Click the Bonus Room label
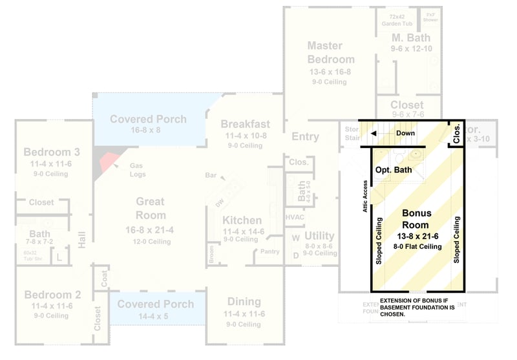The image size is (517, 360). [417, 219]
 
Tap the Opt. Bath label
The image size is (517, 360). [394, 170]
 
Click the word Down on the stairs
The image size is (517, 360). [406, 133]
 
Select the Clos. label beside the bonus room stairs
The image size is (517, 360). [457, 133]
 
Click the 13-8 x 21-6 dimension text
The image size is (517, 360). [417, 237]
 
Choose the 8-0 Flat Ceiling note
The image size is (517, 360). [417, 246]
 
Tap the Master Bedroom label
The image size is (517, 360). [330, 52]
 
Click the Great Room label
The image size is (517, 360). [151, 208]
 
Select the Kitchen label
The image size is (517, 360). [242, 220]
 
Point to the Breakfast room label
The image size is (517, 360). [245, 124]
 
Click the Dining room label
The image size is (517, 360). [244, 301]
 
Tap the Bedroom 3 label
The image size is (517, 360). [52, 153]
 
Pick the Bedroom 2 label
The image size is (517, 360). [52, 295]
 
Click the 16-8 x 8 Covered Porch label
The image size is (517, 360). [148, 119]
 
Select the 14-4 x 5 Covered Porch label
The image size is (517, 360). [155, 304]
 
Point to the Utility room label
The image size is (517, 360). [319, 236]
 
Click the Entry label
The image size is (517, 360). [305, 136]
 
